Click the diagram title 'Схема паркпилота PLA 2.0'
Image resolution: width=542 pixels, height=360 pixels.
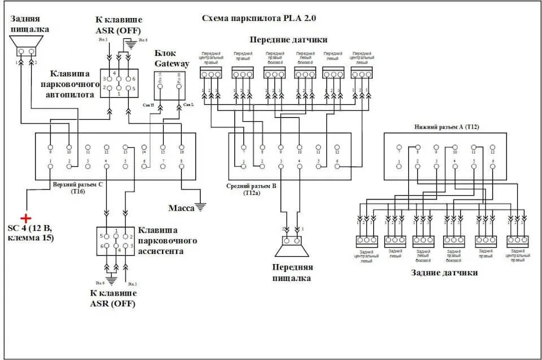(259, 18)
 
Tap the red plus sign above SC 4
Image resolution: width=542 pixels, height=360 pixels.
(26, 218)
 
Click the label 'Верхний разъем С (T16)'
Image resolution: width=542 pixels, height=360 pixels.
(77, 188)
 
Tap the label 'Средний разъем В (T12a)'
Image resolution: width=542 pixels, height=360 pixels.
(251, 189)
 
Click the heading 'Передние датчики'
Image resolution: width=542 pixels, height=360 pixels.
(289, 39)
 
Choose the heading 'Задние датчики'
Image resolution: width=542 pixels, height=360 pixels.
(444, 273)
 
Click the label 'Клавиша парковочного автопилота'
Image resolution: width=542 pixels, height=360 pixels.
(72, 84)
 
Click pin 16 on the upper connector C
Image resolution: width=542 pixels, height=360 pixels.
(181, 147)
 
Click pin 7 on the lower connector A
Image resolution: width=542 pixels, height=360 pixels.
(399, 147)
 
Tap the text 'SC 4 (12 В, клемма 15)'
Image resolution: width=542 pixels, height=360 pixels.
(30, 233)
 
